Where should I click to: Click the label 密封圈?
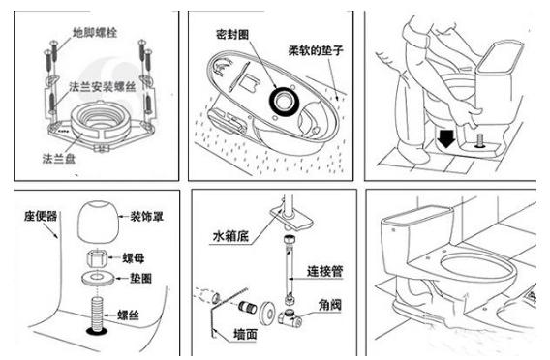point(233,33)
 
